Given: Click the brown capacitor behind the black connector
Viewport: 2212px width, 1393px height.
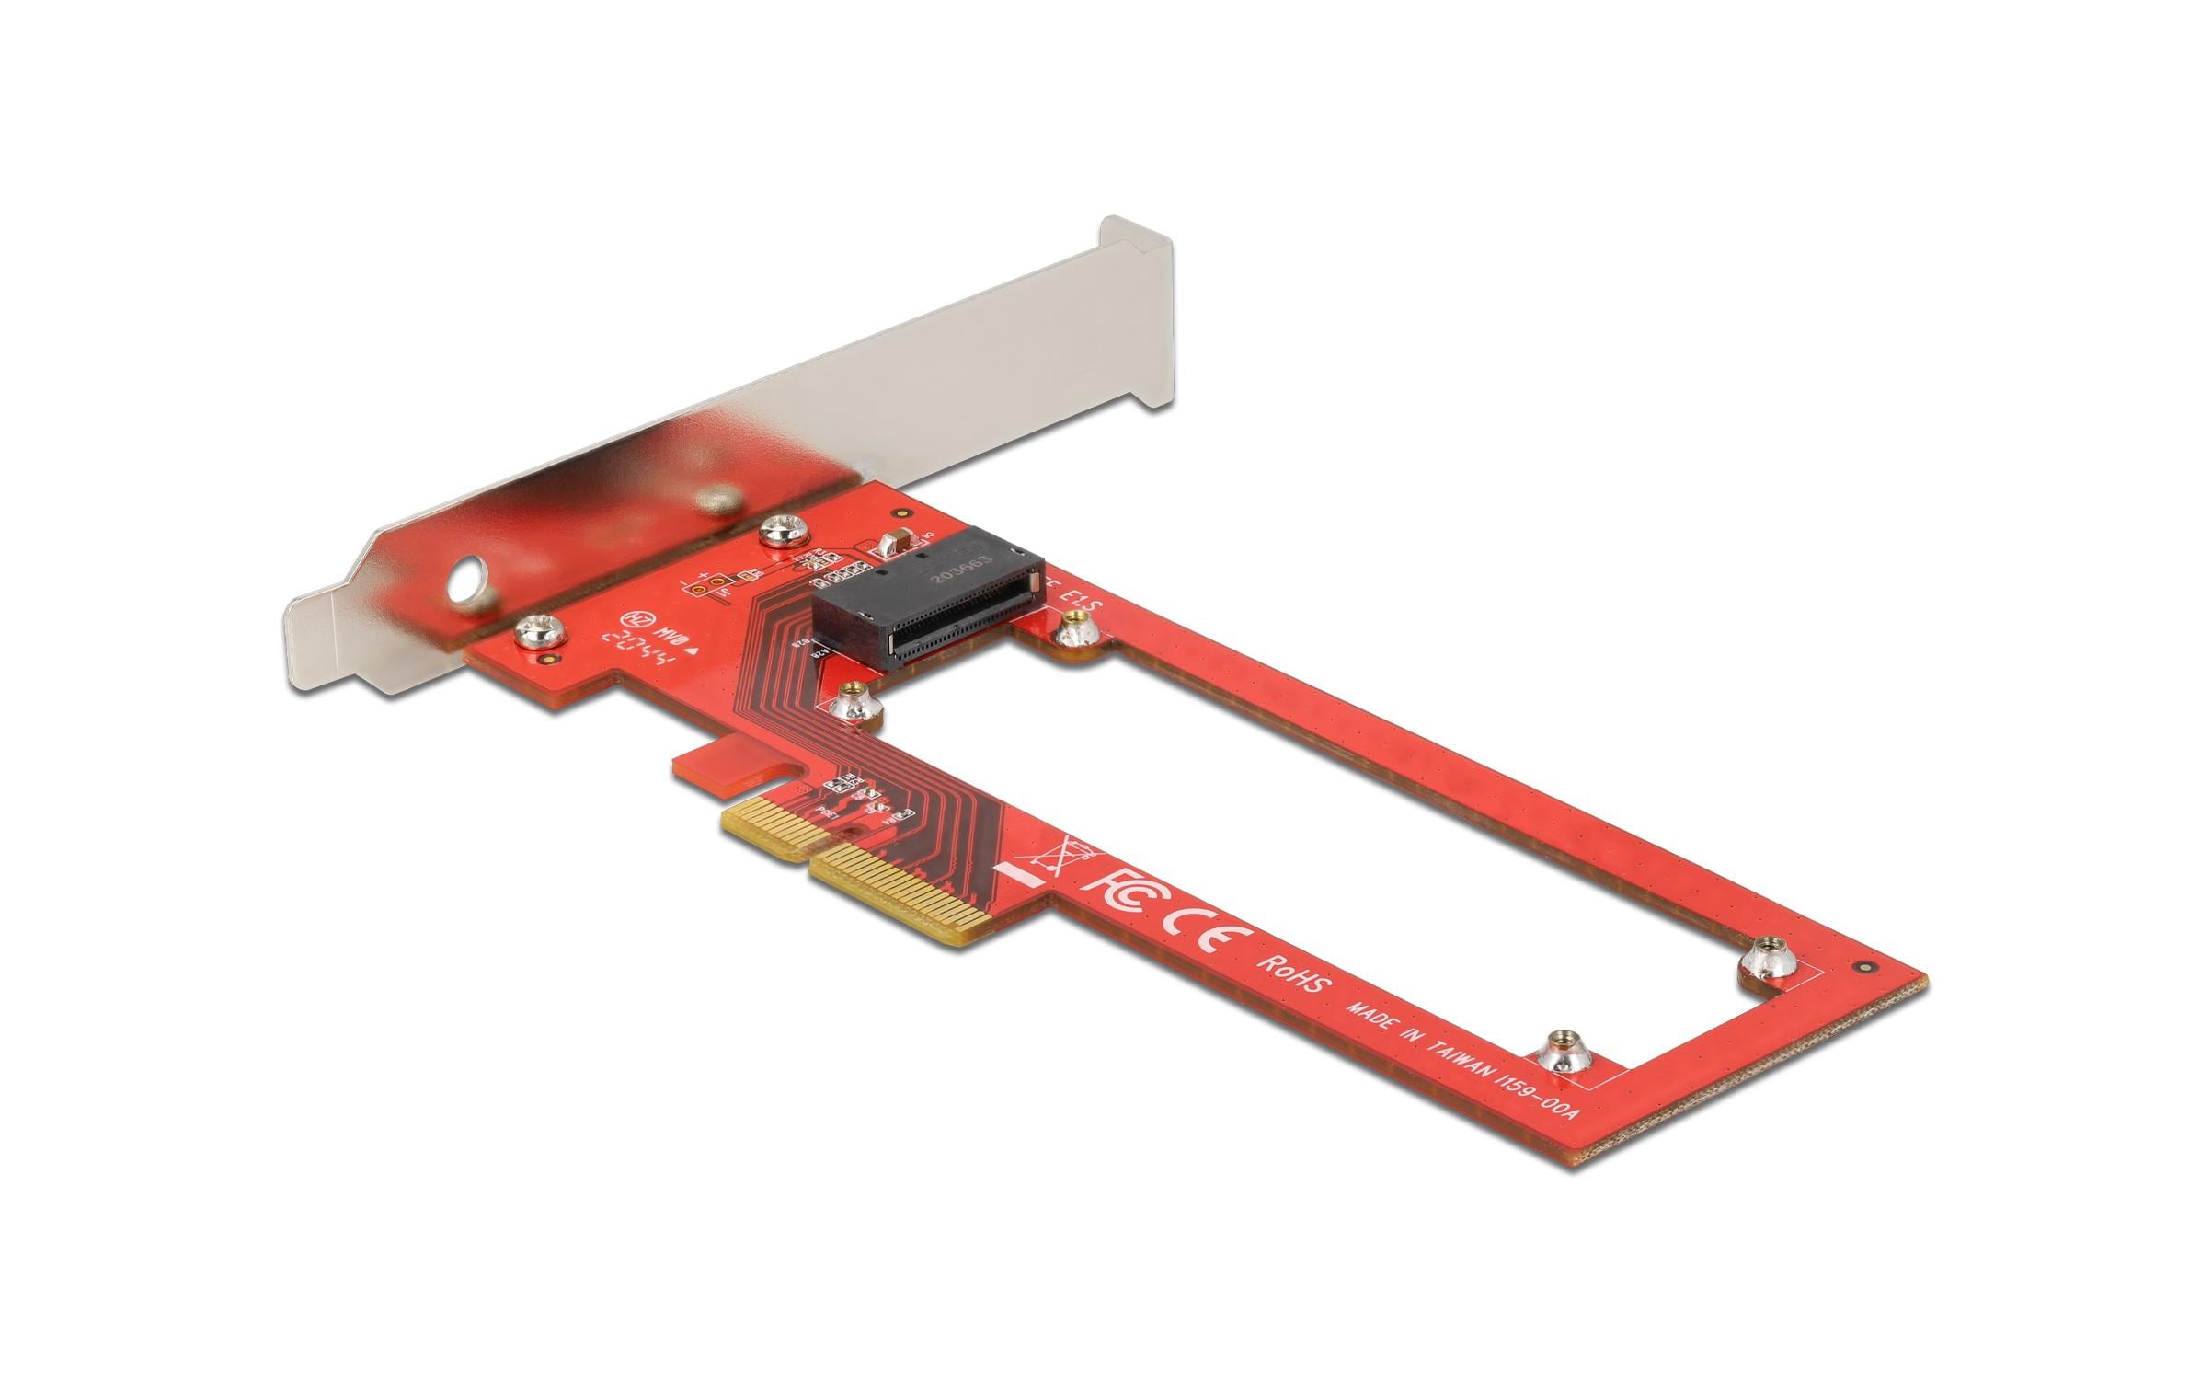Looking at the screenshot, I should point(895,543).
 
